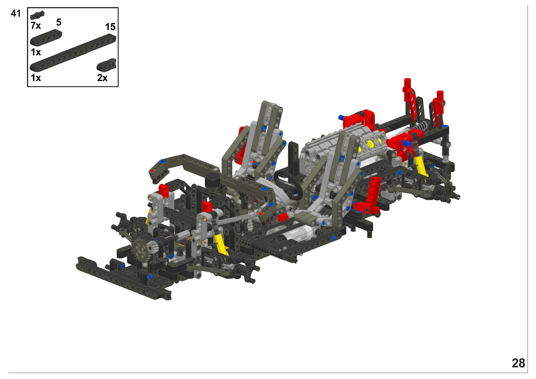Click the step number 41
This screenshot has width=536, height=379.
pos(15,14)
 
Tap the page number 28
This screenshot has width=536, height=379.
pos(518,363)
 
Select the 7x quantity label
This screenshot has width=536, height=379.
pos(36,25)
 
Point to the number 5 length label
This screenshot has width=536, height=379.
pos(59,22)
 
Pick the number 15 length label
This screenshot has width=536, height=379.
pos(110,27)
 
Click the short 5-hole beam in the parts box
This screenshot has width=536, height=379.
pos(46,38)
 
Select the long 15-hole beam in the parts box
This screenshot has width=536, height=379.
pos(73,53)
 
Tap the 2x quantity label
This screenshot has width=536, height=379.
pos(102,78)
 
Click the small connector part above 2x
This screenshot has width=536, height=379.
pos(107,65)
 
